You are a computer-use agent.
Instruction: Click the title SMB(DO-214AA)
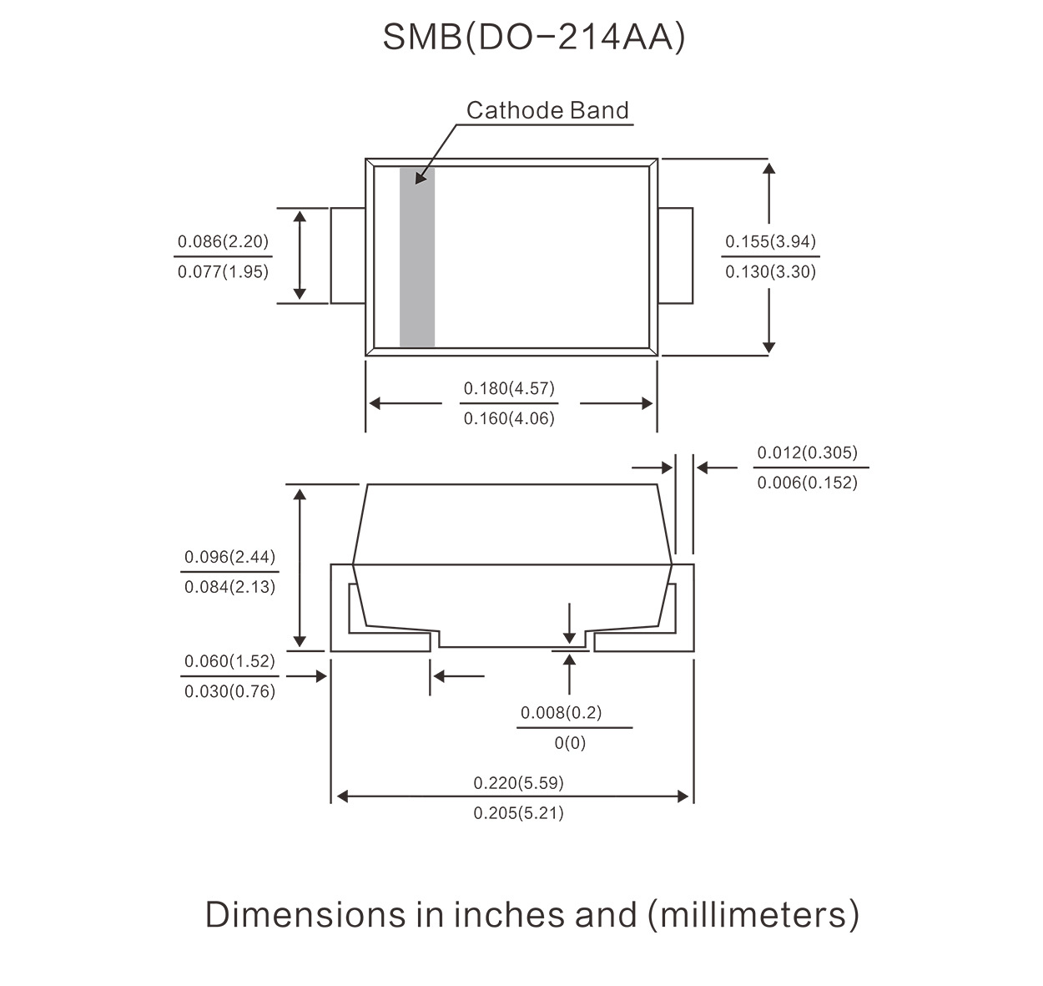(533, 38)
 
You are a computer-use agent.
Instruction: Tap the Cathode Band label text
(547, 110)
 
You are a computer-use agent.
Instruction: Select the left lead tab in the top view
(348, 255)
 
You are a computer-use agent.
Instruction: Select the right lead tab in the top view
(676, 255)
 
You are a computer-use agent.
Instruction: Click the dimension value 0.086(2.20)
(223, 242)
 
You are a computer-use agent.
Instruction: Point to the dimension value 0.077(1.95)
(223, 271)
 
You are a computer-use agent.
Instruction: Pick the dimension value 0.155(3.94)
(770, 242)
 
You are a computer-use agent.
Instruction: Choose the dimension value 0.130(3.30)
(770, 271)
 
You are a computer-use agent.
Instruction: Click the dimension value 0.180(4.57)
(509, 388)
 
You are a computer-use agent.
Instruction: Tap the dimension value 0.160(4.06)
(509, 418)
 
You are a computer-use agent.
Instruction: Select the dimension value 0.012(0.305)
(807, 453)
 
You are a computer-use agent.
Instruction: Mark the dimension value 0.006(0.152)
(807, 483)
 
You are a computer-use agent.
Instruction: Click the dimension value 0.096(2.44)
(229, 557)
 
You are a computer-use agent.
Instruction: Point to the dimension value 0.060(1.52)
(229, 661)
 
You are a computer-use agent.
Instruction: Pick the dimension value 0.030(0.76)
(229, 691)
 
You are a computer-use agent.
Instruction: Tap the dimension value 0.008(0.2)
(561, 713)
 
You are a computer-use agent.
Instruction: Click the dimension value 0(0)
(570, 743)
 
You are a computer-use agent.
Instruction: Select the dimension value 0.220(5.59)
(518, 783)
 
